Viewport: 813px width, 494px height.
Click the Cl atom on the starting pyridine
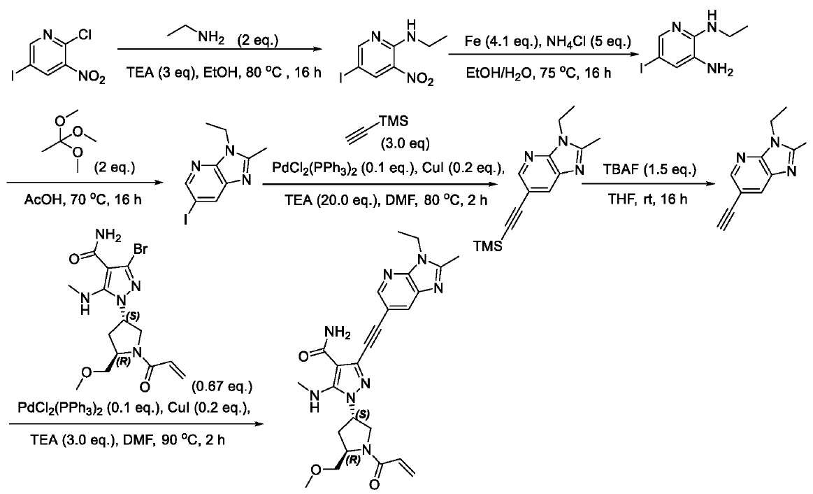[x=85, y=35]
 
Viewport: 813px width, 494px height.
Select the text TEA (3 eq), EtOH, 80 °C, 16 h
[x=224, y=72]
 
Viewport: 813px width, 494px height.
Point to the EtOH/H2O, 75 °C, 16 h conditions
[x=539, y=73]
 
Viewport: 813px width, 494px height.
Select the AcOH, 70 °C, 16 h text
[x=82, y=199]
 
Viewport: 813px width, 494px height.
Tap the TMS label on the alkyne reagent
[x=394, y=122]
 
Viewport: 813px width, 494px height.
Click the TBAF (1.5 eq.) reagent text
[x=649, y=171]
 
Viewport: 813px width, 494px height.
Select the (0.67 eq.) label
[x=222, y=386]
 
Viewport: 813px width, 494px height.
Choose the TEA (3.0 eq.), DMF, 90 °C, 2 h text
[x=128, y=440]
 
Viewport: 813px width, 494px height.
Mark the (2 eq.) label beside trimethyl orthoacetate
[x=114, y=170]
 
